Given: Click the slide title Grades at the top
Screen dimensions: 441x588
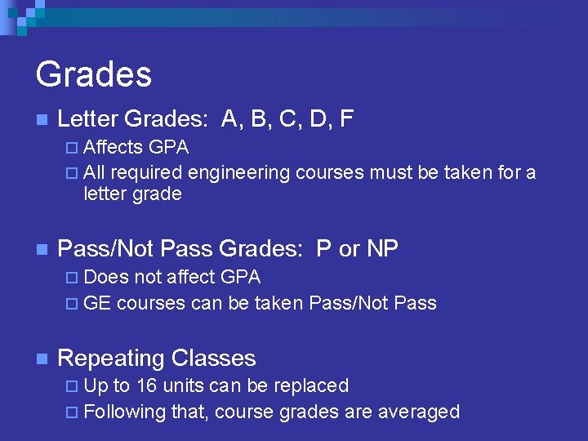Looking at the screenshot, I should [x=94, y=75].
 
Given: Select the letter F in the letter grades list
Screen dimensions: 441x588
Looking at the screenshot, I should [x=346, y=119].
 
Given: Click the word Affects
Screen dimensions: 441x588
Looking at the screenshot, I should [x=113, y=148].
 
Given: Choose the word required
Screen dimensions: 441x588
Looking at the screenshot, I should [x=147, y=172].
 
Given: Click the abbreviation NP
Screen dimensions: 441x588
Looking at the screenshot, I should [x=381, y=248].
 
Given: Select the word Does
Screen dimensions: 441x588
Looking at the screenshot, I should [x=105, y=278].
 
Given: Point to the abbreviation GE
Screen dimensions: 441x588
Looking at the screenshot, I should [x=97, y=304].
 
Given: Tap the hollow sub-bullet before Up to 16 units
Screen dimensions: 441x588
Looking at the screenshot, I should [x=71, y=386].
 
